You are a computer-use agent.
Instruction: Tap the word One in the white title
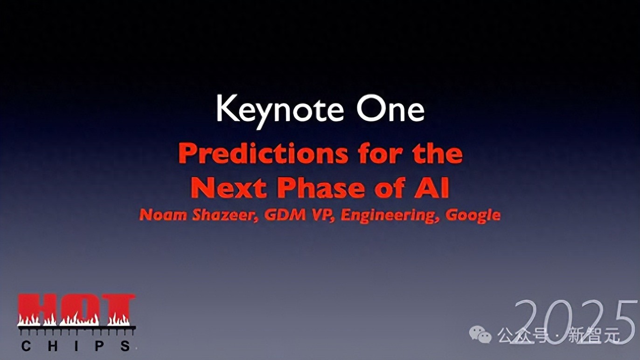pyautogui.click(x=390, y=109)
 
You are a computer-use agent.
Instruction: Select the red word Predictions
pyautogui.click(x=264, y=154)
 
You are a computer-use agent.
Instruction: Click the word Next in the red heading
pyautogui.click(x=229, y=188)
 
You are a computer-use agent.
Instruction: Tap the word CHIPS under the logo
pyautogui.click(x=76, y=346)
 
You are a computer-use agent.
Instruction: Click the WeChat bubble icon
pyautogui.click(x=480, y=334)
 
